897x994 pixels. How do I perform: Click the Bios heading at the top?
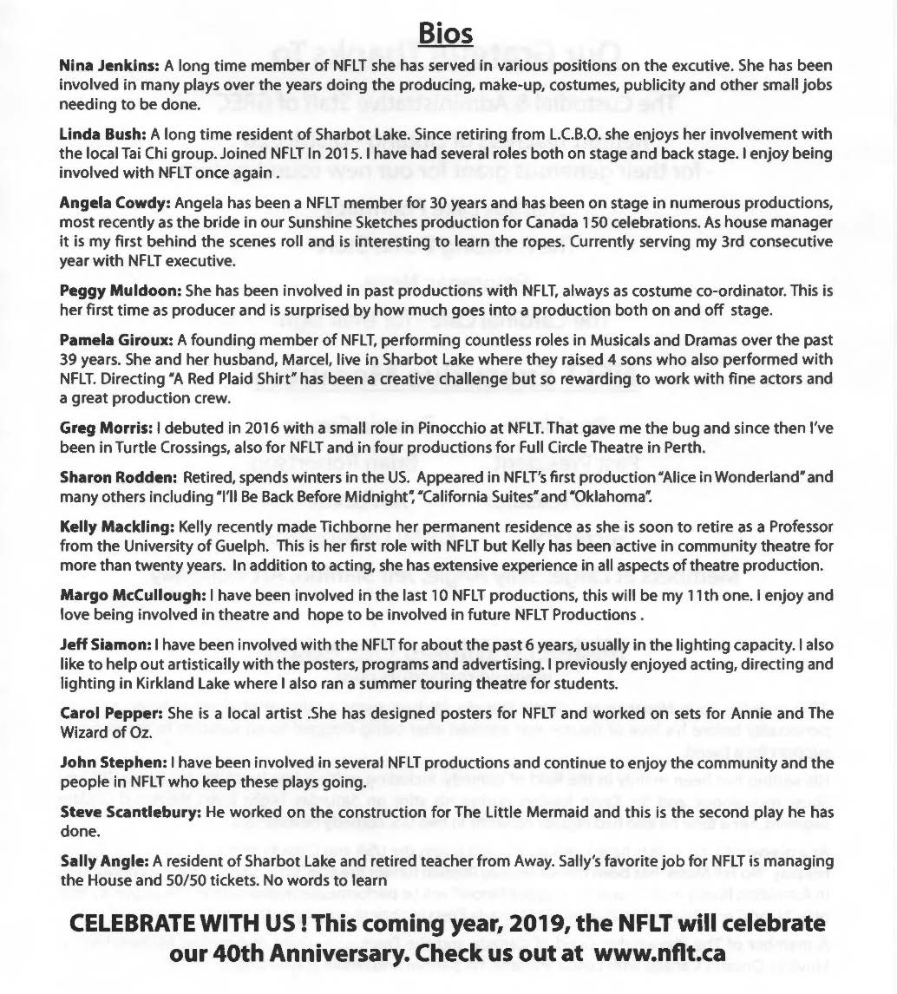(x=445, y=32)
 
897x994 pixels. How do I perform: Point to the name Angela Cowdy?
(x=114, y=203)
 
